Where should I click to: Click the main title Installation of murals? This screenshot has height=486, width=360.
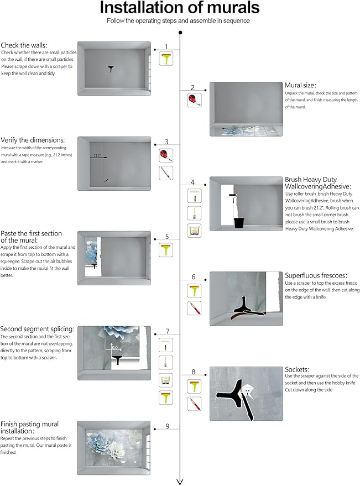click(x=180, y=8)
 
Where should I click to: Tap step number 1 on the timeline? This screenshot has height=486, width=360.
click(x=166, y=46)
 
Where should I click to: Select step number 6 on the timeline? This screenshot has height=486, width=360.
click(x=193, y=276)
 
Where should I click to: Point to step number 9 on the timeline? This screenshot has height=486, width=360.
click(x=167, y=426)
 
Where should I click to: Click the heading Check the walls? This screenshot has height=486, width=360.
click(x=24, y=45)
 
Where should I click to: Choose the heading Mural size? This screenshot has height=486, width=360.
click(x=300, y=85)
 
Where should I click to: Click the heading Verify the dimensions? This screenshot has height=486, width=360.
click(x=33, y=140)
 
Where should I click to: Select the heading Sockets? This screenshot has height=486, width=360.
click(x=298, y=369)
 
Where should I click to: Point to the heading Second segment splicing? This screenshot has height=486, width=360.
click(x=38, y=328)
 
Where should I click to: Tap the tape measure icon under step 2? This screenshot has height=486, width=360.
click(x=194, y=100)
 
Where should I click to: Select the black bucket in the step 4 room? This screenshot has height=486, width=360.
click(x=239, y=223)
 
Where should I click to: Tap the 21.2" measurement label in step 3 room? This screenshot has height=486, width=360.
click(x=97, y=155)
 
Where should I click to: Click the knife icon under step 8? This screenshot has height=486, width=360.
click(x=194, y=403)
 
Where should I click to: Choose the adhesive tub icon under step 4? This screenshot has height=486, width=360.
click(x=194, y=231)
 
